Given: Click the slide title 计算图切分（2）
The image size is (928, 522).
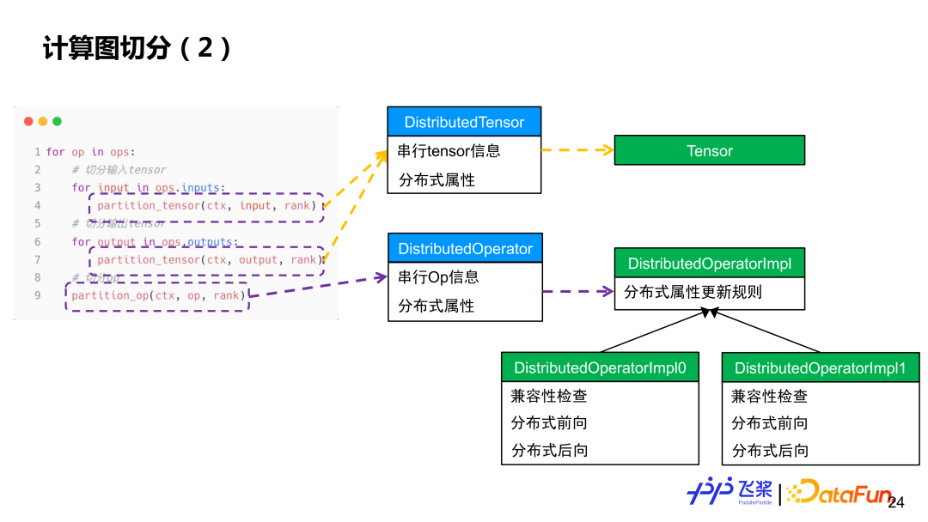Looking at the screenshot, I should point(137,48).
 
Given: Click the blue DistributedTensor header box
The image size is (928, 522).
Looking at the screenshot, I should point(464,122).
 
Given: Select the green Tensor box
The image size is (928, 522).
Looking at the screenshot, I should point(709,150).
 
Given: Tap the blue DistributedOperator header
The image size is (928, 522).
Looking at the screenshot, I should point(465,249).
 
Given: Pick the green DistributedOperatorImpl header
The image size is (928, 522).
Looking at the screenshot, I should point(709,264).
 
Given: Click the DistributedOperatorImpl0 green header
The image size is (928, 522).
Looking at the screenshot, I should point(600,367).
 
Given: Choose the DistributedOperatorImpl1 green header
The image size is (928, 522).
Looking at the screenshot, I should point(820,368).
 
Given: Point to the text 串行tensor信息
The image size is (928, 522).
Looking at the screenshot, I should point(449,151).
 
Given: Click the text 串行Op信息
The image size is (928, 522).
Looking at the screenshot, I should point(438,277).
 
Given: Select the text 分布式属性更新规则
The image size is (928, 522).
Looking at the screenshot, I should point(693,292).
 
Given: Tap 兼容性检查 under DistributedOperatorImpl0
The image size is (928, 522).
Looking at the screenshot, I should point(549,396).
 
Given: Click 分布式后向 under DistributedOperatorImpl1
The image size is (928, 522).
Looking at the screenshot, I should point(770,450).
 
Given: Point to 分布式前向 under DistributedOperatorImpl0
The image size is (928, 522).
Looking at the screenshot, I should point(549,423).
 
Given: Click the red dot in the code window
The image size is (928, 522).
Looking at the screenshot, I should point(28,122).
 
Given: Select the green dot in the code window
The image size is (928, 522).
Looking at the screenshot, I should point(58,122).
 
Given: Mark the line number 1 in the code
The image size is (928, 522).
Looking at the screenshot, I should point(38,152).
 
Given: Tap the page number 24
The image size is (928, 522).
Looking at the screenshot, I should point(896,502).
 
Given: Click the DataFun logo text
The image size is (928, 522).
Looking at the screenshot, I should point(842,492).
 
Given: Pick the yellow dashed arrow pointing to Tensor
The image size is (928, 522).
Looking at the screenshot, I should point(577,150).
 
